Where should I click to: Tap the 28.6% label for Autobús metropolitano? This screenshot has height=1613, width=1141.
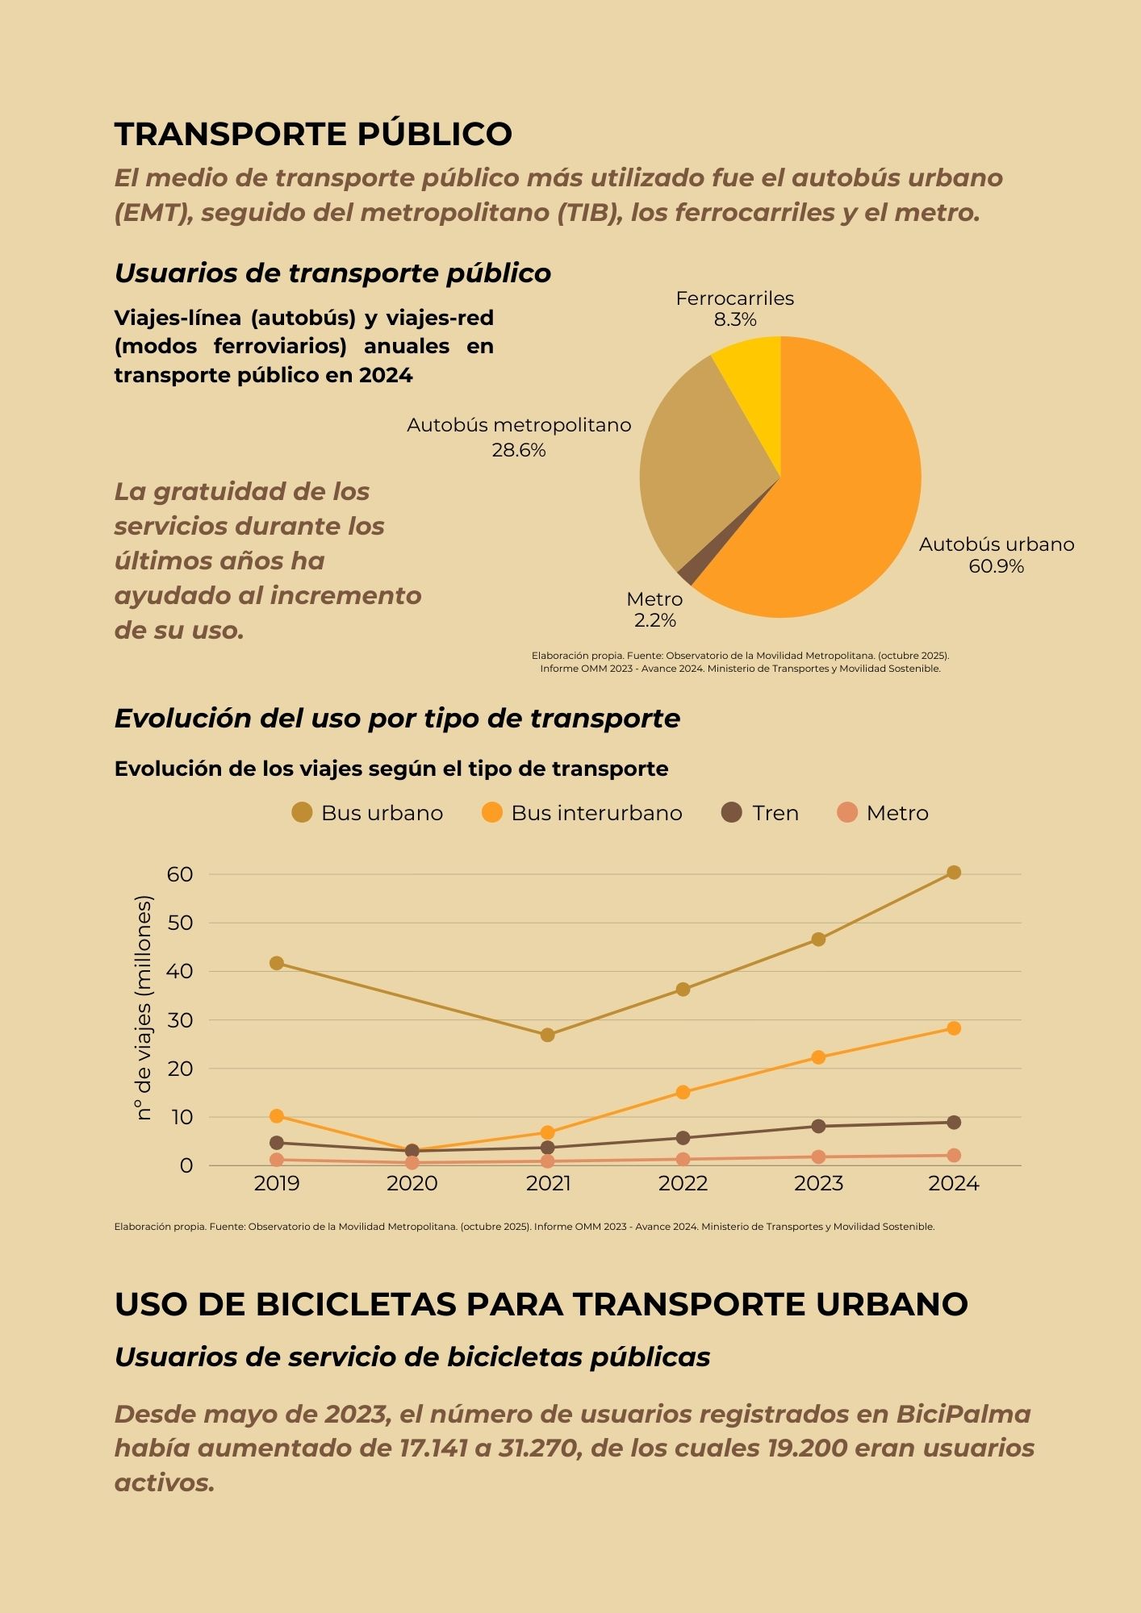pos(519,450)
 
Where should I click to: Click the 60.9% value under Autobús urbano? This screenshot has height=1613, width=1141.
pos(996,566)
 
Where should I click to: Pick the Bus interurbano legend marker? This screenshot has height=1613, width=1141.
pos(491,813)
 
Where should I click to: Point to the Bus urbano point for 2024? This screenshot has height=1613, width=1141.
pos(954,873)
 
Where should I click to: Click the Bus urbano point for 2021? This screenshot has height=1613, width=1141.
pos(547,1035)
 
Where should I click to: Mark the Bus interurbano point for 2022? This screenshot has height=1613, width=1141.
pos(683,1093)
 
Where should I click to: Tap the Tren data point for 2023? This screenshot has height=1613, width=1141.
pos(818,1126)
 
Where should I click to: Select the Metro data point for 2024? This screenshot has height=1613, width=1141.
pos(954,1156)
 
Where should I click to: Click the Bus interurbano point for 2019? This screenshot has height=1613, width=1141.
pos(277,1116)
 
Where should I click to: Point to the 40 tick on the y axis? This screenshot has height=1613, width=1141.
pos(180,971)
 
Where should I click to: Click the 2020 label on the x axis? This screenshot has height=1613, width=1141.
pos(412,1184)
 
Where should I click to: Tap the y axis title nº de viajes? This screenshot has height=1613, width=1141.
pos(144,1008)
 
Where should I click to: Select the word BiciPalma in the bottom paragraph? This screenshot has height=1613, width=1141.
pos(963,1414)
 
